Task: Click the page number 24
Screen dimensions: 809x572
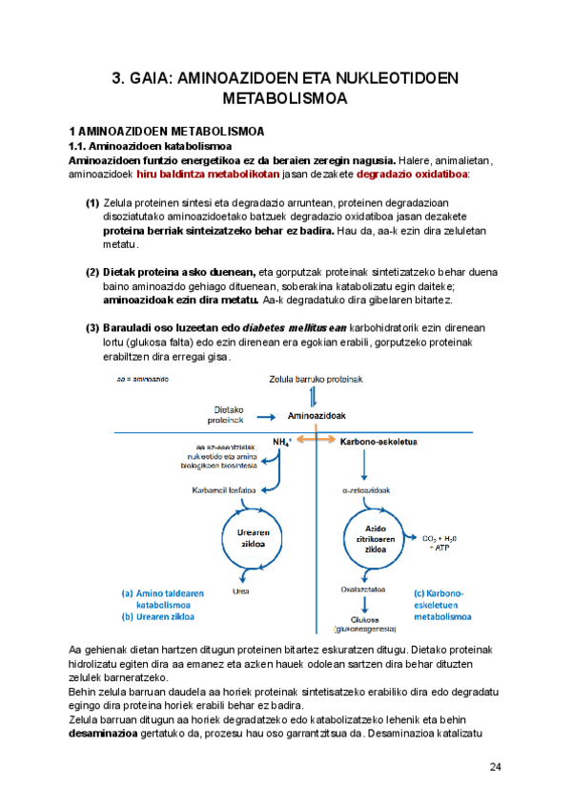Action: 496,767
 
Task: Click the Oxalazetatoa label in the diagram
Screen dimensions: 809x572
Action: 365,590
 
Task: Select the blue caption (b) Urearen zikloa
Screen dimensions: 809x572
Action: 158,617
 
